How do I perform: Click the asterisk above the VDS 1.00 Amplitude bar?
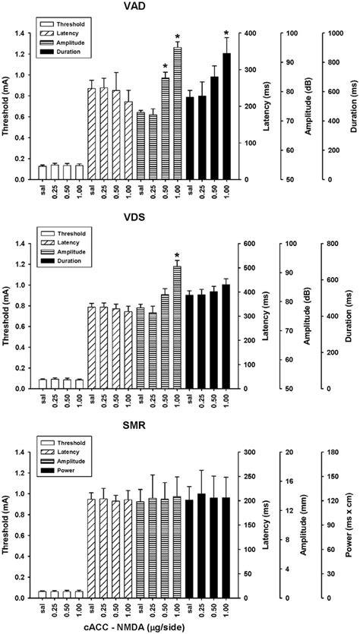click(177, 256)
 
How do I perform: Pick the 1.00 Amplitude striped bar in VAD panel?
click(177, 114)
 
